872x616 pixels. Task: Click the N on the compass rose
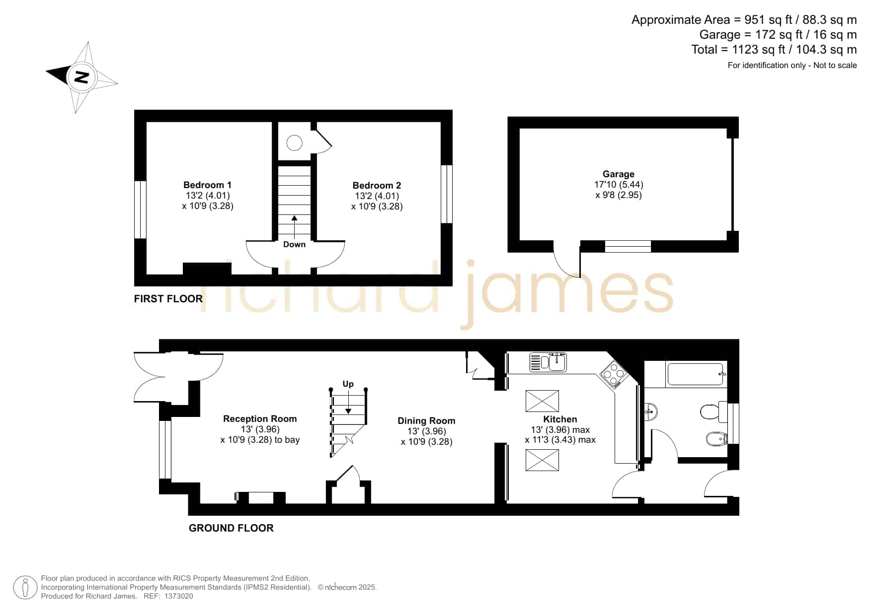click(x=81, y=77)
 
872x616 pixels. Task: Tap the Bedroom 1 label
click(x=207, y=185)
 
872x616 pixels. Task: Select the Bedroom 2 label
click(x=377, y=186)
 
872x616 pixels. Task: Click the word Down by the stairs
click(x=294, y=244)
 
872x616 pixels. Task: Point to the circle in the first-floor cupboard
click(x=295, y=143)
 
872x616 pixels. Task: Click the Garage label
click(x=619, y=174)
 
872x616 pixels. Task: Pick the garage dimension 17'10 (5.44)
click(x=619, y=185)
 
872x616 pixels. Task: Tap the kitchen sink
click(x=548, y=362)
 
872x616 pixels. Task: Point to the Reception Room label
click(x=260, y=419)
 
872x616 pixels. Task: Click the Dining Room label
click(x=426, y=421)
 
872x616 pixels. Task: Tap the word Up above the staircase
click(x=348, y=384)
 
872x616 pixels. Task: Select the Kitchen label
click(x=560, y=419)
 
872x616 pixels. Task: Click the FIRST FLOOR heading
click(x=168, y=299)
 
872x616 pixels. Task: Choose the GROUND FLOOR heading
click(x=231, y=528)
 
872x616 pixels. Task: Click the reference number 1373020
click(x=178, y=596)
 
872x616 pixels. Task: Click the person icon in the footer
click(x=25, y=588)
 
